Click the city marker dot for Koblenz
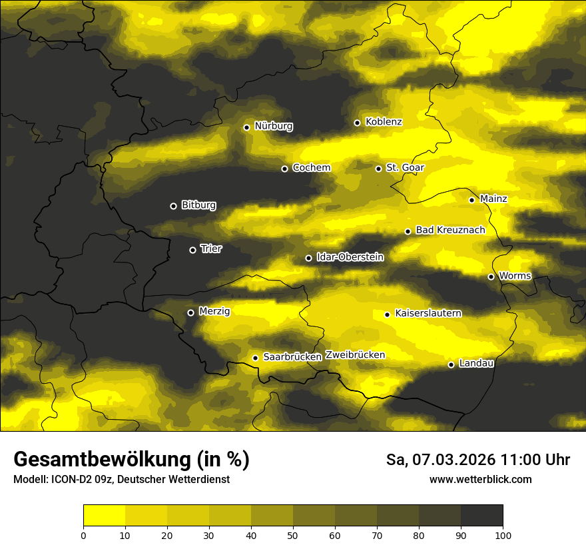[357, 123]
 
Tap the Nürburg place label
[273, 126]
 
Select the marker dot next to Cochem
[284, 169]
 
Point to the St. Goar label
[405, 167]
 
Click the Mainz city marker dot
[471, 200]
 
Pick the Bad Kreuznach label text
[450, 230]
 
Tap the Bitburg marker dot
[173, 206]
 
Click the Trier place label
[211, 249]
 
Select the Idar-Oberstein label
[350, 257]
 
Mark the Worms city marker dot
[491, 276]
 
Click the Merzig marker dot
[190, 312]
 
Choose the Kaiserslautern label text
[428, 313]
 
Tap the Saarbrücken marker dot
[255, 358]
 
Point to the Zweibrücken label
[355, 355]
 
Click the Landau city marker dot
[451, 364]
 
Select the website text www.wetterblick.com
[480, 479]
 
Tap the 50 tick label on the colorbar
[293, 534]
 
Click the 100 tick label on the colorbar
[503, 534]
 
